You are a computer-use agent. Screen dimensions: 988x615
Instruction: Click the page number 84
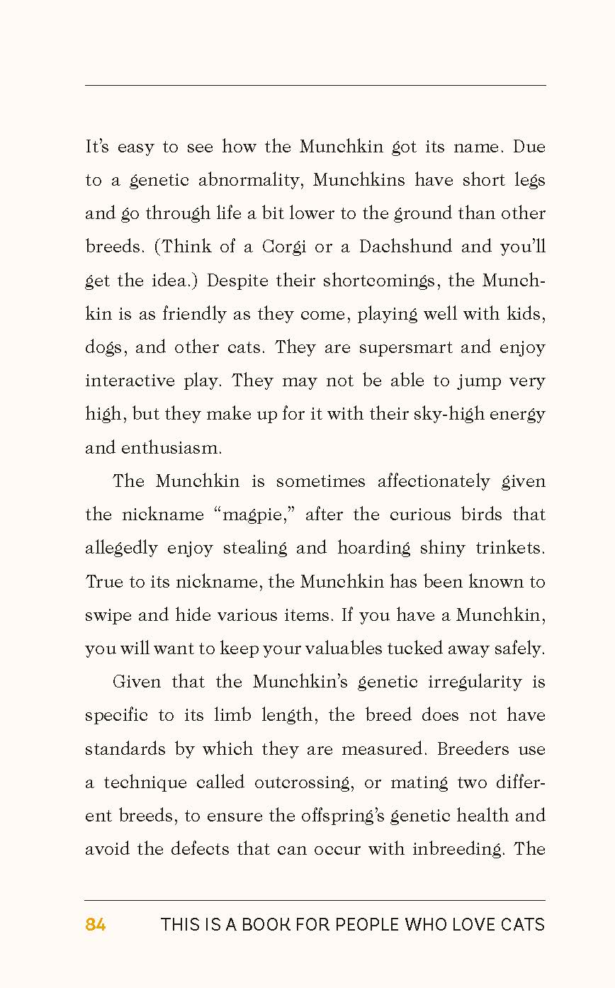[x=96, y=925]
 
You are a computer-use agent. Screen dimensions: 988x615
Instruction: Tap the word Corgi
[x=283, y=247]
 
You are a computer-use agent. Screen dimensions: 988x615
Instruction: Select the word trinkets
[x=510, y=549]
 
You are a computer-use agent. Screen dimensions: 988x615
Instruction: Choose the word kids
[x=526, y=314]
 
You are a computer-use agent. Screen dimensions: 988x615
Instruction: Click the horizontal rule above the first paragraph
[x=315, y=86]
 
